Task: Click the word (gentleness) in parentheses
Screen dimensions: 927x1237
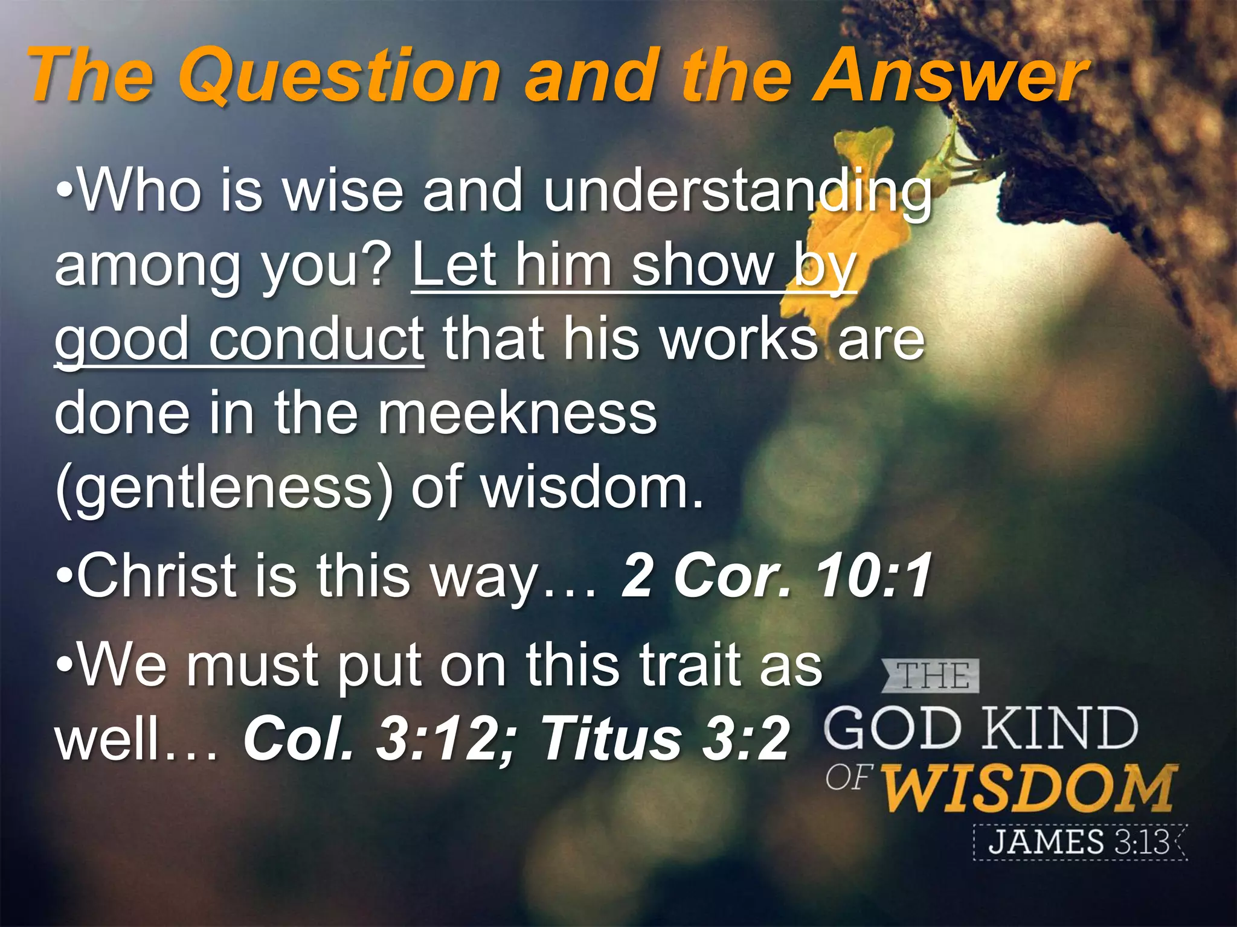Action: pyautogui.click(x=223, y=488)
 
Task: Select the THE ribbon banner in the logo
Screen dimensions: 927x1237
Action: pyautogui.click(x=930, y=676)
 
